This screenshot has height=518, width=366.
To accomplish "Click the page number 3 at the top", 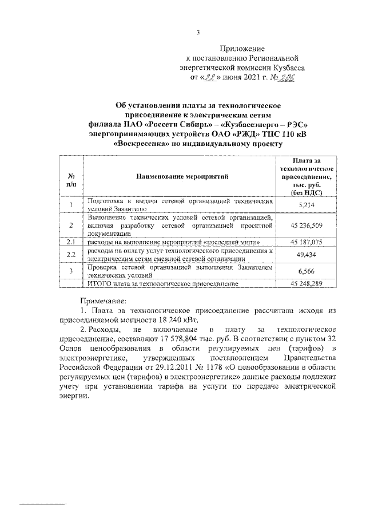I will (198, 32).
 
